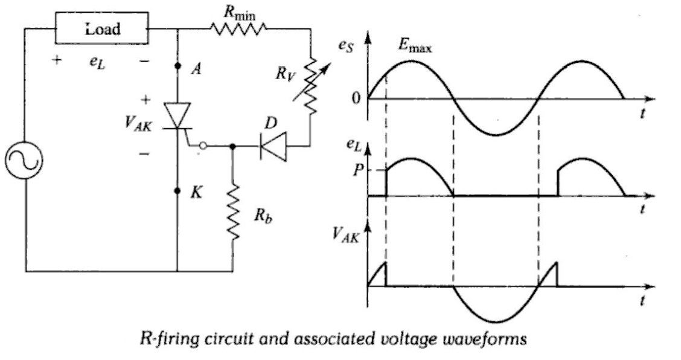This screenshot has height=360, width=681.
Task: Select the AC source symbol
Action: [x=26, y=162]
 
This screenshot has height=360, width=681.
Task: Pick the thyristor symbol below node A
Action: [x=178, y=115]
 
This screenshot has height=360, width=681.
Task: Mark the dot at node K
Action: [x=178, y=191]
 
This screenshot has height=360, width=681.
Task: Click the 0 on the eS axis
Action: [x=357, y=98]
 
